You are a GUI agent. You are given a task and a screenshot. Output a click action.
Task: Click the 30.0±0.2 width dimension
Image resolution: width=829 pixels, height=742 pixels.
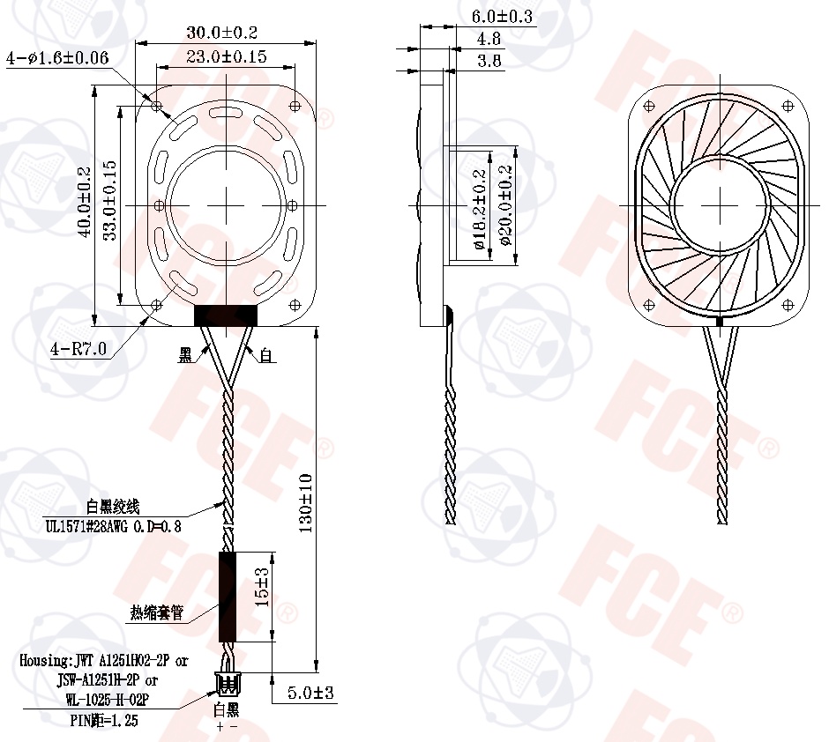click(221, 33)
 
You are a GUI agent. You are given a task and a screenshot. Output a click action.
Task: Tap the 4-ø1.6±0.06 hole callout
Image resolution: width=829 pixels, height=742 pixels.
click(57, 58)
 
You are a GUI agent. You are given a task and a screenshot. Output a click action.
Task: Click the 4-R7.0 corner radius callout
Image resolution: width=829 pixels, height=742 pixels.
click(78, 349)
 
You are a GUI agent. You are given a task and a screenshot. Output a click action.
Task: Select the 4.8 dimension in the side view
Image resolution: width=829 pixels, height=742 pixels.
click(489, 39)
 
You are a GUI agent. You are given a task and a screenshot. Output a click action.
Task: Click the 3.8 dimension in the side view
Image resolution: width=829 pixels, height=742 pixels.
click(489, 61)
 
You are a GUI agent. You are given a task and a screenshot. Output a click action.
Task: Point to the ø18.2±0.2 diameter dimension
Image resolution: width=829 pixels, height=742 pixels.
click(481, 209)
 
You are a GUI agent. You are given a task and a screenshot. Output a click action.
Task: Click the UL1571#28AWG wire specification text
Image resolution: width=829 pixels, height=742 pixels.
click(113, 527)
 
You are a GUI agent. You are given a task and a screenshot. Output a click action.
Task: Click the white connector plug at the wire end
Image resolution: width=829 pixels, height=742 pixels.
click(227, 680)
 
